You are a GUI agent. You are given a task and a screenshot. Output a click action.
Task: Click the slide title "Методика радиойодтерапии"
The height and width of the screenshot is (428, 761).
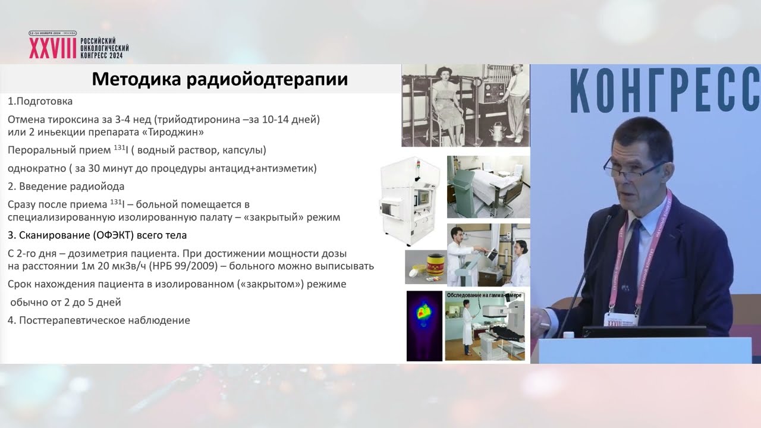pos(220,79)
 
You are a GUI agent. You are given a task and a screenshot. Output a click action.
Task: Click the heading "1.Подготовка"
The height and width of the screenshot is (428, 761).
pos(40,101)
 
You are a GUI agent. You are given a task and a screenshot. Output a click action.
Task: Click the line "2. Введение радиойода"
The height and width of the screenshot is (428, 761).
pos(66,186)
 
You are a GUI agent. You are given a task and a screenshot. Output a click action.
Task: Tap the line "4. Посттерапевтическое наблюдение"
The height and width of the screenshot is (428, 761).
pos(99,320)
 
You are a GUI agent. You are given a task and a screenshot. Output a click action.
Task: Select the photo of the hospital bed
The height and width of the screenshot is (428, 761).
pos(488,187)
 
